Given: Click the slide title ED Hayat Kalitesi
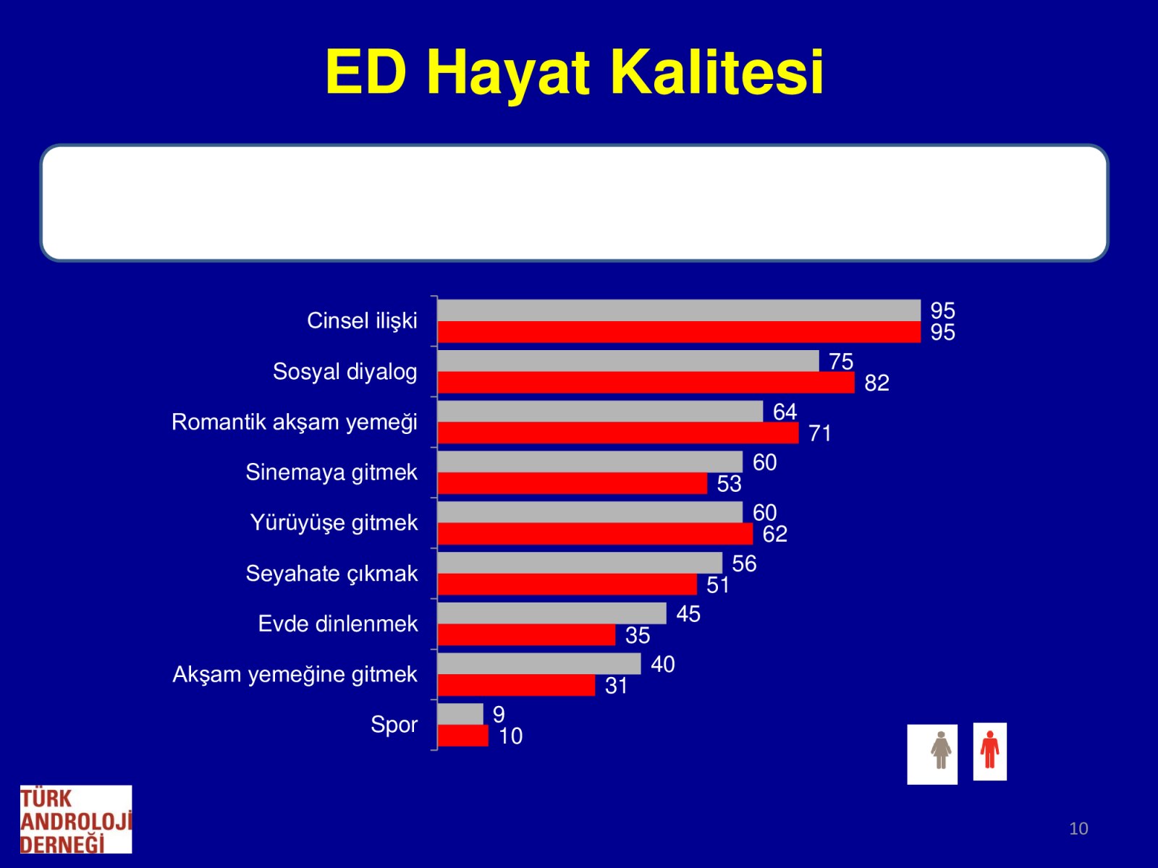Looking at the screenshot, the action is pyautogui.click(x=574, y=72).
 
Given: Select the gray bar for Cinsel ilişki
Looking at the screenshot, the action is pyautogui.click(x=679, y=310).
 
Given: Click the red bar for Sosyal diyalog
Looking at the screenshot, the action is pyautogui.click(x=646, y=382).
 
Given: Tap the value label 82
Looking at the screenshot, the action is pyautogui.click(x=876, y=383).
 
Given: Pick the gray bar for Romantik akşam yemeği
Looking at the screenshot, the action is pyautogui.click(x=601, y=411).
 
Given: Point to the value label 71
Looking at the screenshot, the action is pyautogui.click(x=820, y=433).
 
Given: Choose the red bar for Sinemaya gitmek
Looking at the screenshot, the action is pyautogui.click(x=572, y=483).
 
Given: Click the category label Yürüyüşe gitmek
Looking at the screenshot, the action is pyautogui.click(x=334, y=523).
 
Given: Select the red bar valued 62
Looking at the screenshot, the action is pyautogui.click(x=595, y=534).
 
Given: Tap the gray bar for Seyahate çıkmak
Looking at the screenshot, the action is pyautogui.click(x=580, y=563).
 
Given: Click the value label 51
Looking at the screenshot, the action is pyautogui.click(x=718, y=585).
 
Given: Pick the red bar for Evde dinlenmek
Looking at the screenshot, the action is pyautogui.click(x=526, y=634).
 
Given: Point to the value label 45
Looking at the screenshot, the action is pyautogui.click(x=688, y=614).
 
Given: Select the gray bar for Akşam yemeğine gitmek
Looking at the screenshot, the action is pyautogui.click(x=539, y=663).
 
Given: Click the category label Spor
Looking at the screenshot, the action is pyautogui.click(x=394, y=725).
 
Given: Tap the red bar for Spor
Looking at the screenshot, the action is pyautogui.click(x=463, y=736).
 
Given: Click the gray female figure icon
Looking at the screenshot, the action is pyautogui.click(x=941, y=750).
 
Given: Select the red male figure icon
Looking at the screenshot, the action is pyautogui.click(x=989, y=749).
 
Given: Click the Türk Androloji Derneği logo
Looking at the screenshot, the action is pyautogui.click(x=76, y=819).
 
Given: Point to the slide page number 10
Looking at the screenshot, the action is pyautogui.click(x=1078, y=828).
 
